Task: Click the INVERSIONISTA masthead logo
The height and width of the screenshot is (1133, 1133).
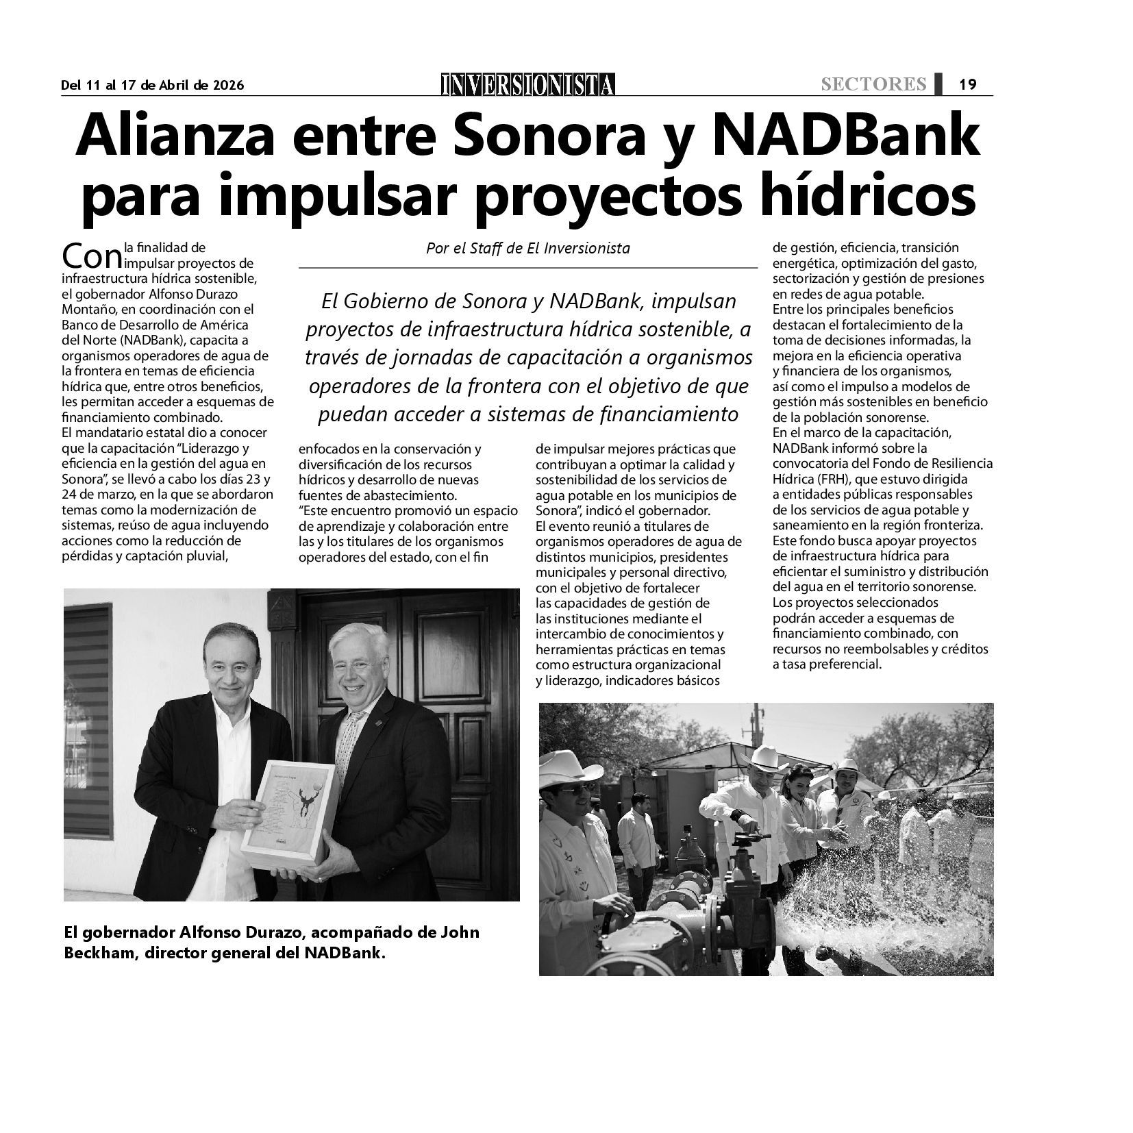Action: point(527,84)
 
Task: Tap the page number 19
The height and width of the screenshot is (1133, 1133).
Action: point(967,84)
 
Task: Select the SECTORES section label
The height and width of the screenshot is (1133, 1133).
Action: point(873,84)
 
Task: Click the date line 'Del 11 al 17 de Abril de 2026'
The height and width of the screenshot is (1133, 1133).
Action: point(152,85)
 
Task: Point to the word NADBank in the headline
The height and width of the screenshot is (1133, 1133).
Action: point(847,137)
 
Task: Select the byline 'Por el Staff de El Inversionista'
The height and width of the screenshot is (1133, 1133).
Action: point(527,248)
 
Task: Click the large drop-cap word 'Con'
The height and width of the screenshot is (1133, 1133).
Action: point(91,258)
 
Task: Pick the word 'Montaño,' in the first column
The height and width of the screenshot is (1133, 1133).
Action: point(85,310)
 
